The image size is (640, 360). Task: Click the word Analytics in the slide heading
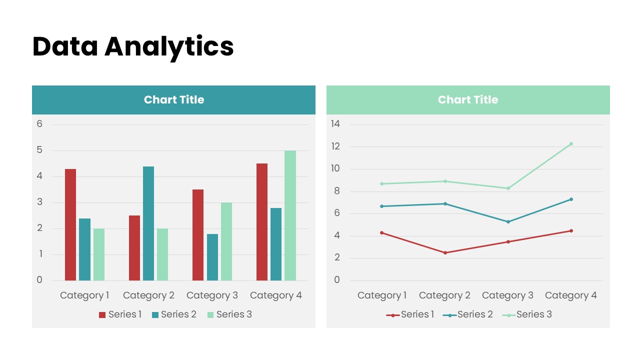coord(169,46)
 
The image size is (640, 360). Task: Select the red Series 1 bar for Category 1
coord(70,224)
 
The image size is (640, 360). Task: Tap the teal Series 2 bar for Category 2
coord(148,223)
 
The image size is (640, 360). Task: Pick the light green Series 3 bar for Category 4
coord(290,215)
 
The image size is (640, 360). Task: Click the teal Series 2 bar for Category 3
coord(212,257)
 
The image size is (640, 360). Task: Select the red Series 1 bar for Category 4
coord(262,222)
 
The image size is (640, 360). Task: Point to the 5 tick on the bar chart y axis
coord(39,150)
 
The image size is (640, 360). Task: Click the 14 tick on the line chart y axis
coord(335,124)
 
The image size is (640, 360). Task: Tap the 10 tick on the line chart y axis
coord(335,168)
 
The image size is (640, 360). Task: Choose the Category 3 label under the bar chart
coord(212,295)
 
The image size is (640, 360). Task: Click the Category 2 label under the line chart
coord(444,295)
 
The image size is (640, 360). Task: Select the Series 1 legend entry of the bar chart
coord(120,314)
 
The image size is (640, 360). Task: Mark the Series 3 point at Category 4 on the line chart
coord(571,144)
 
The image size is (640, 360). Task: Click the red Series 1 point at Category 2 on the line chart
coord(445,252)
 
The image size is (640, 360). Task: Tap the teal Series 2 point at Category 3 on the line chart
coord(508,221)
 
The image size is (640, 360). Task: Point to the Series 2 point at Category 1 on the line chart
coord(382,206)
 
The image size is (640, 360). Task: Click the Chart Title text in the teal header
coord(174,100)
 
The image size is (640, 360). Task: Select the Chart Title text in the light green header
coord(468,100)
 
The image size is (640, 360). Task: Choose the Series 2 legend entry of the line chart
coord(468,314)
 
